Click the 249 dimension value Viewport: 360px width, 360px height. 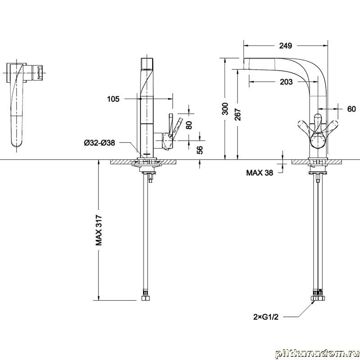point(285,46)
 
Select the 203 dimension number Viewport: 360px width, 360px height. point(286,82)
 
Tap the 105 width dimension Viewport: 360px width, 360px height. point(113,99)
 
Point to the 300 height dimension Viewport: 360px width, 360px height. point(225,108)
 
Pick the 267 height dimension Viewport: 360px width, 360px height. point(238,114)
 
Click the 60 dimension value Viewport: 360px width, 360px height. point(351,109)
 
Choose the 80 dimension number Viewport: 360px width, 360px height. point(189,125)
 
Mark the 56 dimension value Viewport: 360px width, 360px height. point(200,150)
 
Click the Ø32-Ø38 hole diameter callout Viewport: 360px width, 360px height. point(99,143)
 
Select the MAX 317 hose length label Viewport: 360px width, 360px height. point(99,230)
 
